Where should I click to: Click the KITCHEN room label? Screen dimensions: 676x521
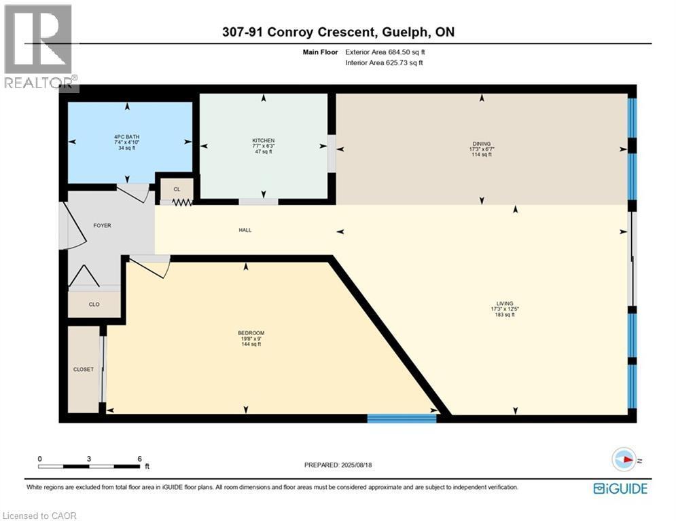[x=264, y=140]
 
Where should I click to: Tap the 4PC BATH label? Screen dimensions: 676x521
[x=127, y=137]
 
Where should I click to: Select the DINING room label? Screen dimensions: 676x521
[x=482, y=144]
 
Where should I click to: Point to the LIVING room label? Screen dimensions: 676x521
[x=504, y=303]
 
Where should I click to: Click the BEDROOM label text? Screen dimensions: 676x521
[x=251, y=333]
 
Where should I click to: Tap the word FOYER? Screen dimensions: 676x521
[x=102, y=225]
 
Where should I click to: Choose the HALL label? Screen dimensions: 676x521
[x=245, y=230]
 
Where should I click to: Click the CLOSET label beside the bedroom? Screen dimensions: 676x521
[x=83, y=370]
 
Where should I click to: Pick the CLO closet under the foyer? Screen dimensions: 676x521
[x=94, y=305]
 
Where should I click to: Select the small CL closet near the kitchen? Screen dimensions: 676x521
[x=177, y=189]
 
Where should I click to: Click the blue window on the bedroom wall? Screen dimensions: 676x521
[x=402, y=418]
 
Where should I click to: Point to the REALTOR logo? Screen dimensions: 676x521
[x=39, y=47]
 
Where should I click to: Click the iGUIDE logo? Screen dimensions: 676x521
[x=620, y=488]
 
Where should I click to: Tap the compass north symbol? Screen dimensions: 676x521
[x=624, y=459]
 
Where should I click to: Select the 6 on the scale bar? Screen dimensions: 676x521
[x=140, y=459]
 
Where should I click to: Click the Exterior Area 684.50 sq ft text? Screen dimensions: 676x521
[x=385, y=52]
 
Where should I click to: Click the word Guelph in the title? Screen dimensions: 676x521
[x=404, y=33]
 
